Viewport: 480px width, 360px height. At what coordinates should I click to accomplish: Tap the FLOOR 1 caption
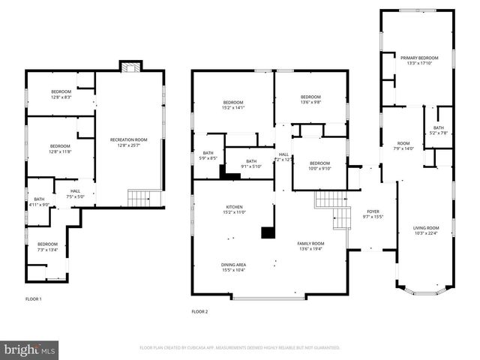34,299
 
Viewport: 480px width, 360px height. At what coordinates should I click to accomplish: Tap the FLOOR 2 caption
199,311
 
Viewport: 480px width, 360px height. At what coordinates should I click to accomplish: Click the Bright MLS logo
30,349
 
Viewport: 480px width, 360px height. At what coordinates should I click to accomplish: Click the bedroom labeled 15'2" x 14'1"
233,105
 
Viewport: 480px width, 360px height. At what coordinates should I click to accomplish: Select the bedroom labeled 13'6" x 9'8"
310,99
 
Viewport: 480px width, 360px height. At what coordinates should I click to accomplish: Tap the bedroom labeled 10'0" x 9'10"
319,166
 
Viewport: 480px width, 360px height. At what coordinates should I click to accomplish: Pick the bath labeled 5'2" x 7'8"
439,130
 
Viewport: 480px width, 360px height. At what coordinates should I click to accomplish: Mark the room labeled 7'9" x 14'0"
403,145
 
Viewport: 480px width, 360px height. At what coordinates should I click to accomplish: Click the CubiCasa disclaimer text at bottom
239,348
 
